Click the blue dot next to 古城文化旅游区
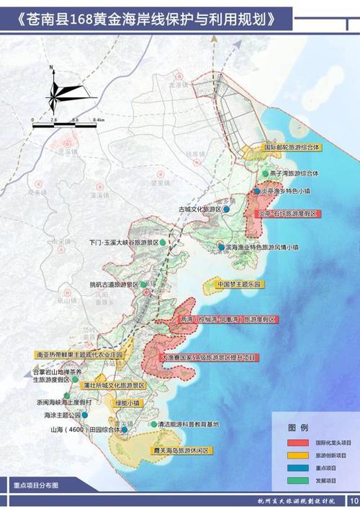coord(226,210)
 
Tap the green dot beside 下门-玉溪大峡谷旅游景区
coord(164,243)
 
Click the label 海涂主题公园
coord(58,415)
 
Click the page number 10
coord(353,501)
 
